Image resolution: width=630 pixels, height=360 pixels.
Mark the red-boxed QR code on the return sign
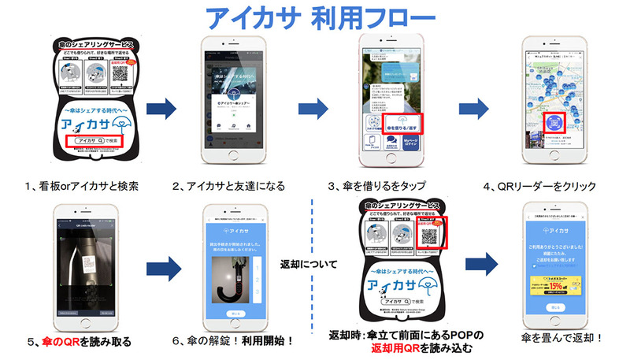tap(431, 235)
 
